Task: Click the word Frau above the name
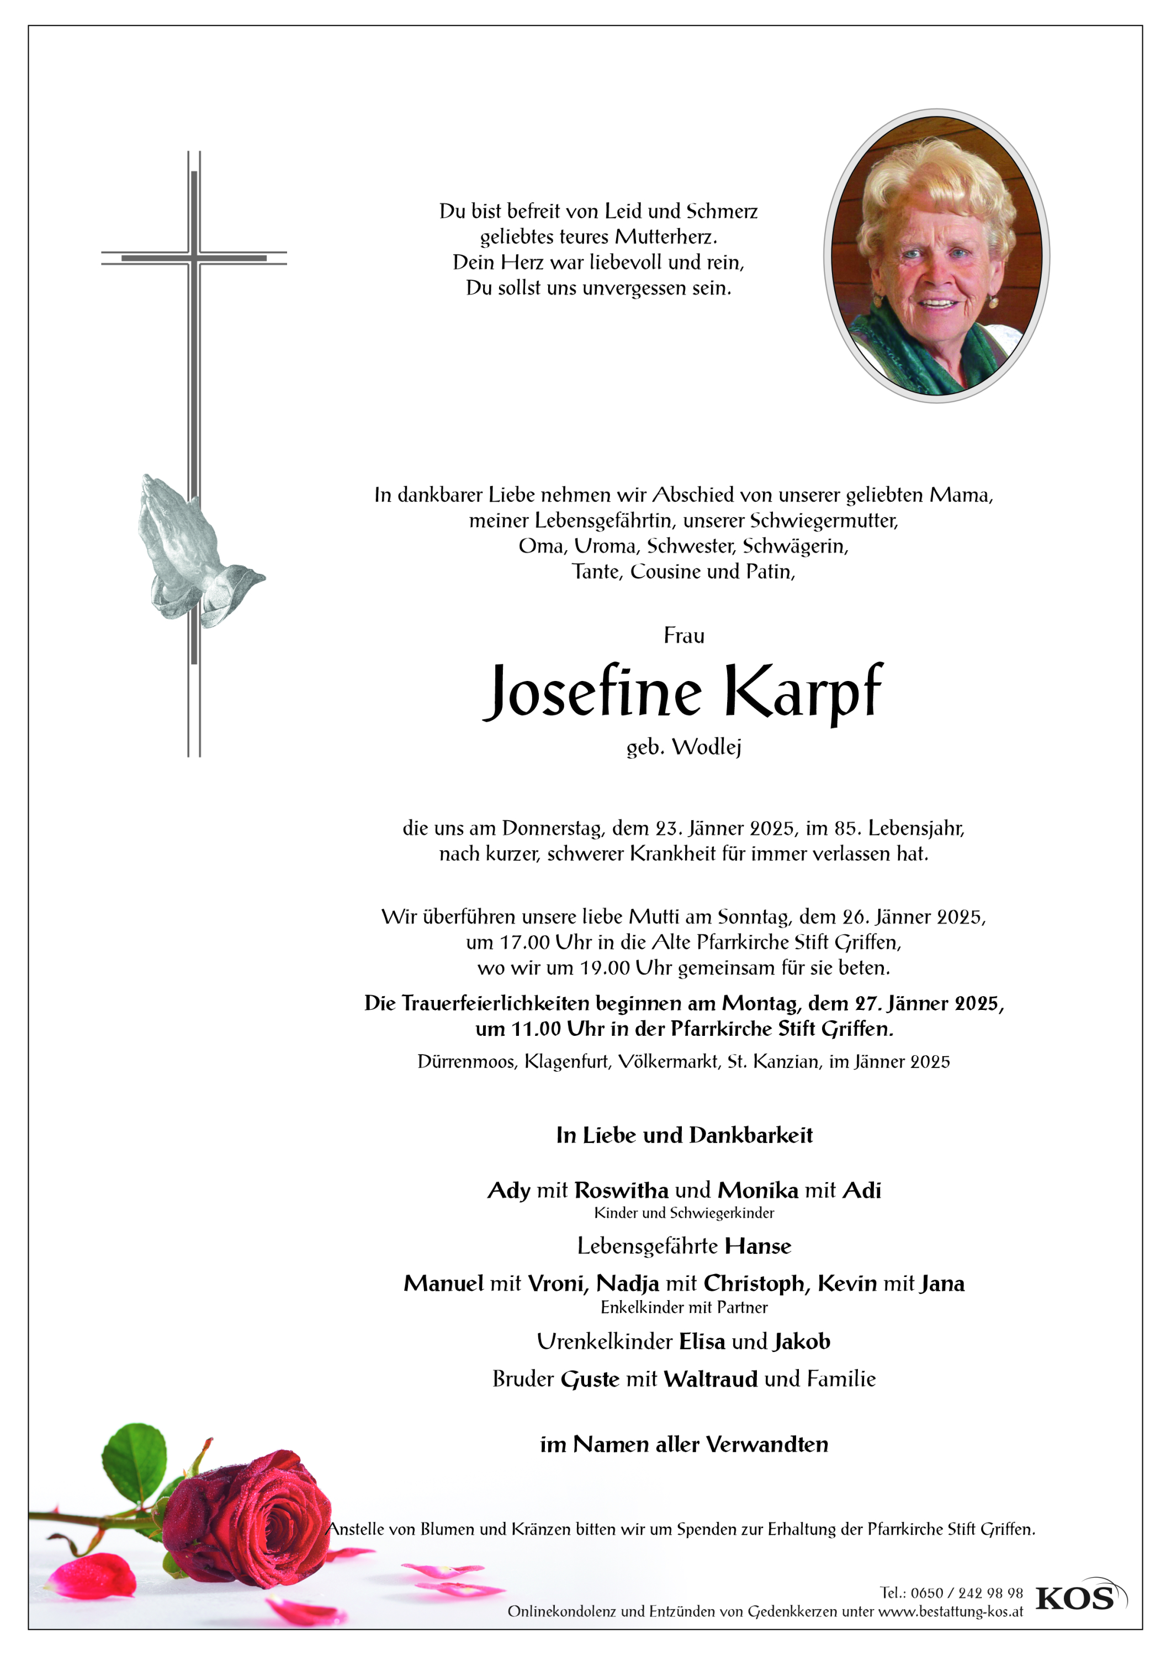pyautogui.click(x=683, y=636)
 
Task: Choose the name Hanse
pyautogui.click(x=758, y=1246)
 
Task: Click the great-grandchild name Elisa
pyautogui.click(x=701, y=1342)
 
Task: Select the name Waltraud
pyautogui.click(x=710, y=1379)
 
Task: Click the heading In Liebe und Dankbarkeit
pyautogui.click(x=683, y=1135)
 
